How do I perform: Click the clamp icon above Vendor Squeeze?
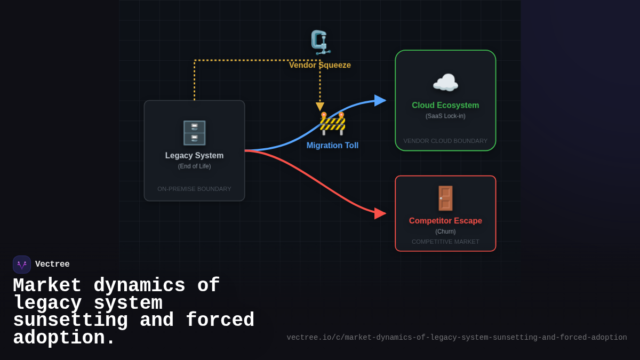320,42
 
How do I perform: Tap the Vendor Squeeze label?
320,65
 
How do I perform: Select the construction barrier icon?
332,124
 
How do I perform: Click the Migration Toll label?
332,146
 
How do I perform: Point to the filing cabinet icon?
194,133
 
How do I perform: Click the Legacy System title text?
194,156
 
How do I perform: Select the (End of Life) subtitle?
194,166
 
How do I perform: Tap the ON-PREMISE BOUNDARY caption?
194,189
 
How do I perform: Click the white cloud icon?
445,83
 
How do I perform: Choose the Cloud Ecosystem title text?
445,106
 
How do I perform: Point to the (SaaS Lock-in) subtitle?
445,116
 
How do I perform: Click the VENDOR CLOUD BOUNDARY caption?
445,141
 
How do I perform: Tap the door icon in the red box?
445,198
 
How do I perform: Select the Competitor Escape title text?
445,221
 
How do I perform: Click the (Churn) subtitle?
445,231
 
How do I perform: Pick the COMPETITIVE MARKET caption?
445,242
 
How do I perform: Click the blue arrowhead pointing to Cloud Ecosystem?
380,100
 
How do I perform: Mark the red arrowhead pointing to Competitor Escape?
380,213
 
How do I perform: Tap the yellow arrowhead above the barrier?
320,107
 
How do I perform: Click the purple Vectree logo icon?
22,265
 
